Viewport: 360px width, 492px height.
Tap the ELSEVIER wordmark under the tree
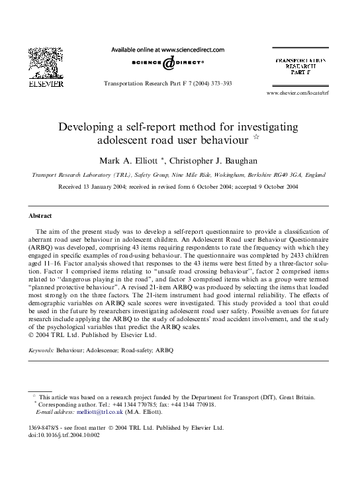pos(46,85)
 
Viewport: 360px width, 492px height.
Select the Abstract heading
pos(41,216)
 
